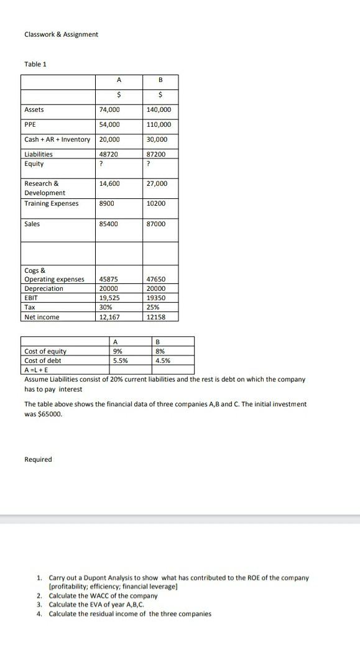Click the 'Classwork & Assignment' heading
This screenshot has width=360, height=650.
point(61,34)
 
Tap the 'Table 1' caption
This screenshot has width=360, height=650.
point(35,64)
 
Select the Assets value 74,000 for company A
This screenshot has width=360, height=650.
point(109,110)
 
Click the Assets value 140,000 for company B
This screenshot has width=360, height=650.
point(159,110)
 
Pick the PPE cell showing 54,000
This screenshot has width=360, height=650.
point(109,125)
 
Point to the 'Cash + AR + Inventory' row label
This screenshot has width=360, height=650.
point(57,140)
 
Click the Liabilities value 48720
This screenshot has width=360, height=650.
point(108,154)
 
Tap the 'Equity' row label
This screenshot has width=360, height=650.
point(34,164)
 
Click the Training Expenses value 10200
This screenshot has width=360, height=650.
point(157,204)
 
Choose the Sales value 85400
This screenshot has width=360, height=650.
point(108,224)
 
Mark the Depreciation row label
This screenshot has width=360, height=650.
point(44,288)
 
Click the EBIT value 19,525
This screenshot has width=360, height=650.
point(110,298)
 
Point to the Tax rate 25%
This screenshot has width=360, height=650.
point(154,308)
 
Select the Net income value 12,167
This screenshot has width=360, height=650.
point(110,318)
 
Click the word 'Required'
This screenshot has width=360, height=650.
point(38,460)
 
